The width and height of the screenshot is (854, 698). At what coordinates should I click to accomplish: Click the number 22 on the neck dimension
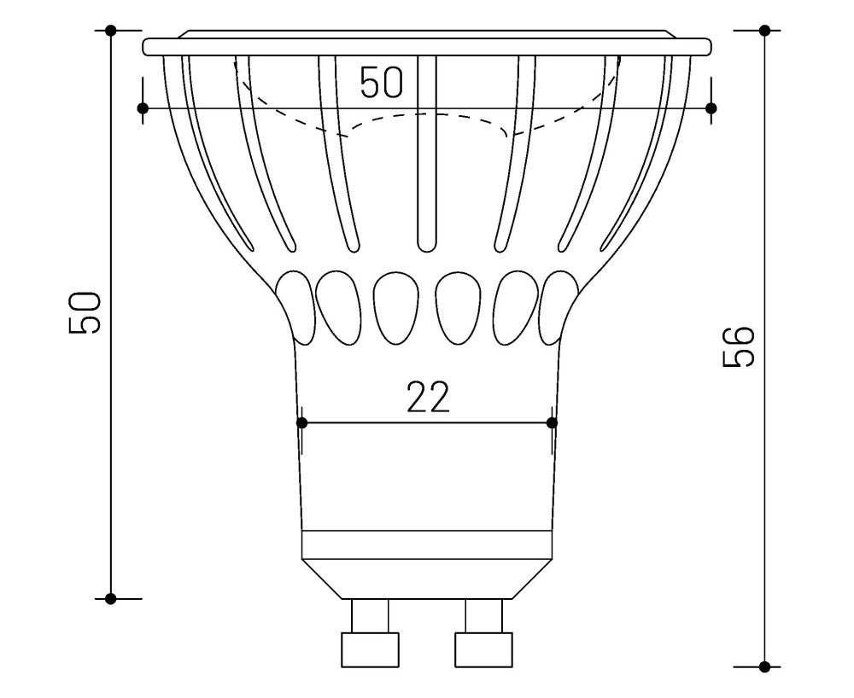(427, 398)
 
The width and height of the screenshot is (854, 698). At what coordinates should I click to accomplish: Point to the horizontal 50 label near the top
(382, 84)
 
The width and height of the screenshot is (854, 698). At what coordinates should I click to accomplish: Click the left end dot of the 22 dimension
(301, 422)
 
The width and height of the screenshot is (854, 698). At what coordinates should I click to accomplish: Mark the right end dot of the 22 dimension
(552, 422)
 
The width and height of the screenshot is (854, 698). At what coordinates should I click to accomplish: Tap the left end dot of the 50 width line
(143, 108)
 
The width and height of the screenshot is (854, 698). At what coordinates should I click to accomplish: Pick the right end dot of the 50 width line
(711, 108)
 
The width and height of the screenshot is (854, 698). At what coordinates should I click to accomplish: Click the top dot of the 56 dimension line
(765, 31)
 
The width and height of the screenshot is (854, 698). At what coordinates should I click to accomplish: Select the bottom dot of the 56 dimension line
(765, 666)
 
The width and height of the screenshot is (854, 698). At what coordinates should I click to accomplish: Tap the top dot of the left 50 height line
(111, 31)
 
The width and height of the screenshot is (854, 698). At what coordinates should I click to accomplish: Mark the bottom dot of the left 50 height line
(111, 598)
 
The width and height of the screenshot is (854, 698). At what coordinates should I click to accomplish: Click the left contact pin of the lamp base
(370, 636)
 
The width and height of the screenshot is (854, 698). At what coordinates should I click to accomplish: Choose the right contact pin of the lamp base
(483, 636)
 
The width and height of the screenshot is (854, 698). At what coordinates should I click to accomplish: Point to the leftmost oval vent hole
(295, 303)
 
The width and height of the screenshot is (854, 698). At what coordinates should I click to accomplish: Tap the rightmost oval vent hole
(559, 303)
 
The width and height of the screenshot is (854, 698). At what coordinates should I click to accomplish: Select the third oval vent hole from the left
(395, 308)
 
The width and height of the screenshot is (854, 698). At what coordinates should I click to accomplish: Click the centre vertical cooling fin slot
(427, 154)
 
